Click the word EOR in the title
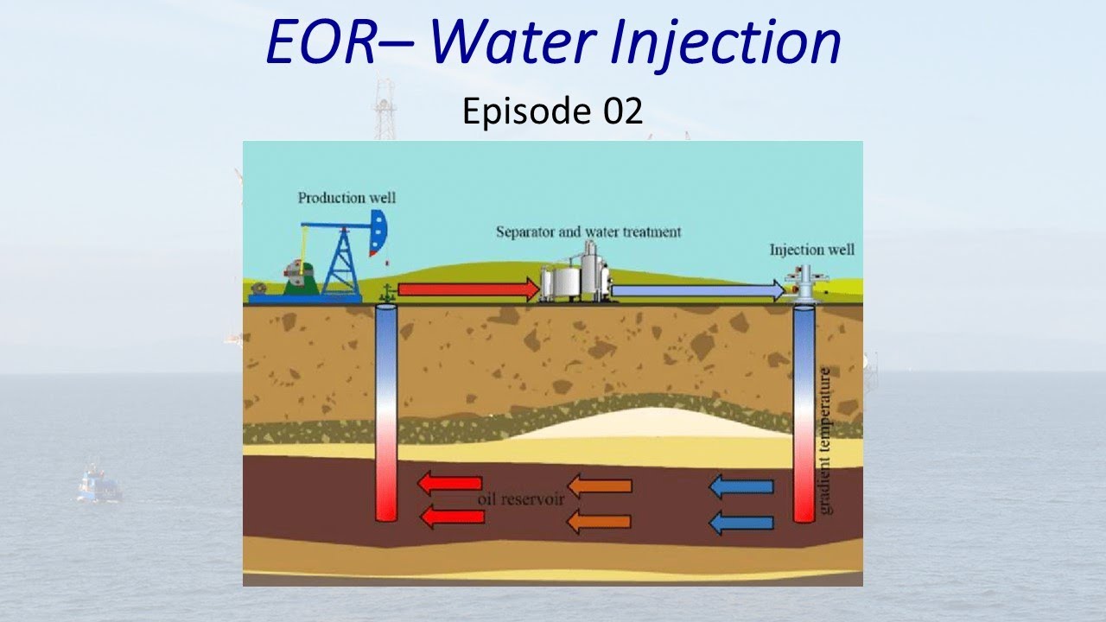[x=320, y=44]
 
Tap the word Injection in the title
[x=725, y=44]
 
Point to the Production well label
[x=346, y=198]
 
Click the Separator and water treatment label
[x=588, y=232]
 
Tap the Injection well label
[x=811, y=250]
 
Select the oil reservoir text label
[x=520, y=500]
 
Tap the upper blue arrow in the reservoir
[x=741, y=487]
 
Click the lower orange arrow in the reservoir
[x=599, y=521]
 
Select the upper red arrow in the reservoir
[x=449, y=483]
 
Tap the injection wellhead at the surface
[x=804, y=285]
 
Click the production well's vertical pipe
[x=385, y=415]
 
